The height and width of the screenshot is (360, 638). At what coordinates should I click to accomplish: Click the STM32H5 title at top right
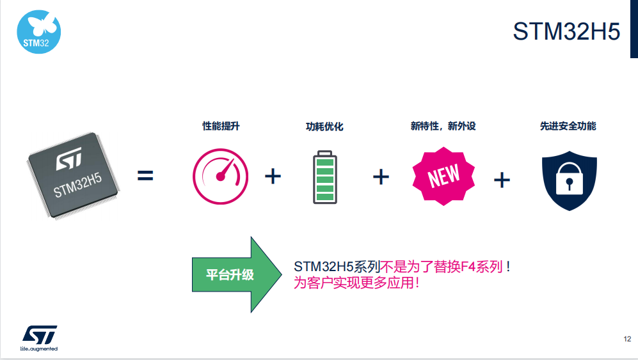pos(566,31)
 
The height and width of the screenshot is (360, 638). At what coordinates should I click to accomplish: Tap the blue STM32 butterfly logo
pos(38,32)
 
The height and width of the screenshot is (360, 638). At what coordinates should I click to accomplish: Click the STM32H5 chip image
pos(73,175)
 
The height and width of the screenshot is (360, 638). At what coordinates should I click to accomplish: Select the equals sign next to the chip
pos(145,176)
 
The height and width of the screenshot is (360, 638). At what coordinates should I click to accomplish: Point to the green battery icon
pos(324,177)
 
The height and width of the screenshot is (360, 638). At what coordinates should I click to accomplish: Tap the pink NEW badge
pos(443,176)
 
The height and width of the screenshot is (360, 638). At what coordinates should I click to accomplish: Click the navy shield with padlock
pos(570,180)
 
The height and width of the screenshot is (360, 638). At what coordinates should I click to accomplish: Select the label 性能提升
pos(221,126)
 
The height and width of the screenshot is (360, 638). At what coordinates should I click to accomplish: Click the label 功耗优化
pos(324,127)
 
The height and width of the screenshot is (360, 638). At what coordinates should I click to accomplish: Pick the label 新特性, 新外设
pos(443,126)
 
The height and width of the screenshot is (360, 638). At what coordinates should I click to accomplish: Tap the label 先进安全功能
pos(568,126)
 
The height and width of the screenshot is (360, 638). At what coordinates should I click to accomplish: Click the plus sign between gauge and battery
pos(273,176)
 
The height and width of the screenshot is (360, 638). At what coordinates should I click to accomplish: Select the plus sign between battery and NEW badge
pos(381,177)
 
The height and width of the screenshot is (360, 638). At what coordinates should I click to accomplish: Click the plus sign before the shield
pos(502,180)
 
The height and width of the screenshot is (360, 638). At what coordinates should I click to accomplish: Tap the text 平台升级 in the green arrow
pos(230,274)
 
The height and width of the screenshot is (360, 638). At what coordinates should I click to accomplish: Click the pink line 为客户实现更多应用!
pos(356,282)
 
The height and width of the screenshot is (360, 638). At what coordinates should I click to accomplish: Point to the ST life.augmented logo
pos(39,338)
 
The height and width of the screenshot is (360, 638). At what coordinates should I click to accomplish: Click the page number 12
pos(627,339)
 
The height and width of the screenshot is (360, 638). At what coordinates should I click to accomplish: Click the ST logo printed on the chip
pos(68,158)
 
